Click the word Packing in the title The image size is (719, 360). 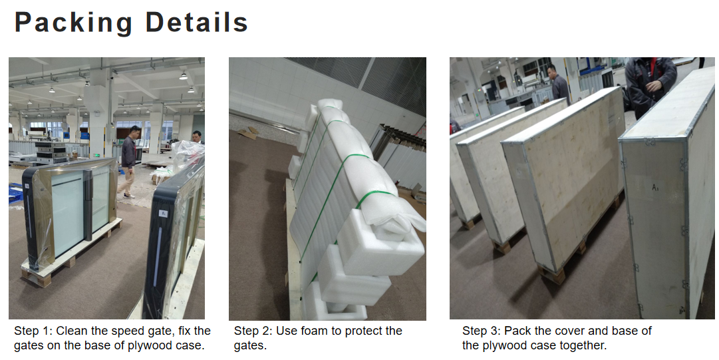pyautogui.click(x=73, y=23)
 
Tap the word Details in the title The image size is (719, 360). pyautogui.click(x=197, y=22)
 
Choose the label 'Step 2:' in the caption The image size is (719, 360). pyautogui.click(x=253, y=331)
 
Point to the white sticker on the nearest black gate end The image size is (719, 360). pyautogui.click(x=163, y=213)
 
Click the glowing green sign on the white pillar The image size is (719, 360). pyautogui.click(x=96, y=155)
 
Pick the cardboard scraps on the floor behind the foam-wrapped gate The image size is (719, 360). pyautogui.click(x=248, y=133)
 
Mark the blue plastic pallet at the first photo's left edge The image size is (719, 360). pyautogui.click(x=15, y=192)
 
